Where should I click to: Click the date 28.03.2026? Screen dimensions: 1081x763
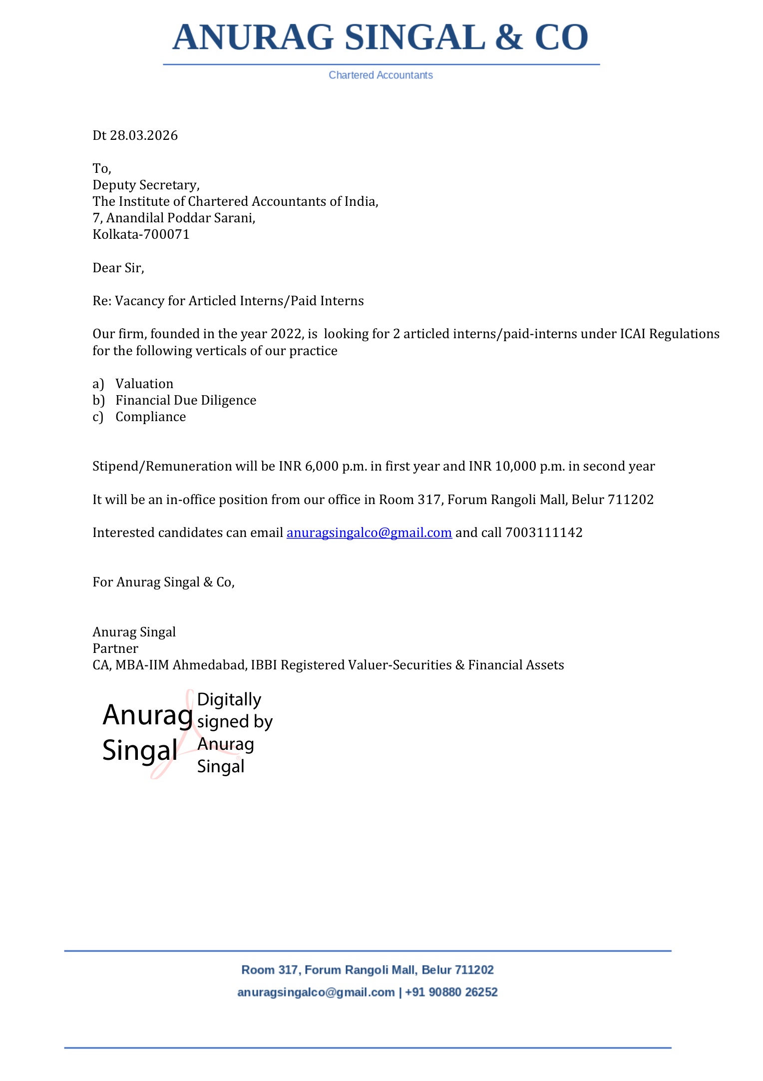tap(144, 135)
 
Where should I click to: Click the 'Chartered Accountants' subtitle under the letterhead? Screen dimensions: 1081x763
tap(381, 75)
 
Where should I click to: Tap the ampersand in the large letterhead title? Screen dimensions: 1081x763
tap(509, 38)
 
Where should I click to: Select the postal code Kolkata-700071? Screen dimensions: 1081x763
tap(141, 234)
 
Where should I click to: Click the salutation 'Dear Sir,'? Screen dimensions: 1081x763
tap(118, 268)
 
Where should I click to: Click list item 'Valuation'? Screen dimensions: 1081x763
tap(144, 384)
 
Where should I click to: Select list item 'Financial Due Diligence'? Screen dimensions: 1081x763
tap(186, 400)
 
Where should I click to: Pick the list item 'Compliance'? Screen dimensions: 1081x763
tap(150, 417)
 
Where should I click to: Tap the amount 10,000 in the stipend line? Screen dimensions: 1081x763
tap(516, 466)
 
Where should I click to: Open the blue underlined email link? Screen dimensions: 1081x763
tap(369, 533)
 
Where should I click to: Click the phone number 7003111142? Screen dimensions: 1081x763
tap(544, 533)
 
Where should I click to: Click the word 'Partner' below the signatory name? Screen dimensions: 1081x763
tap(115, 648)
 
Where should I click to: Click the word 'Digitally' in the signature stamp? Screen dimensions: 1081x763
tap(229, 699)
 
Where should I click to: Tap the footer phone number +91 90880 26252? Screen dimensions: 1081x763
tap(451, 992)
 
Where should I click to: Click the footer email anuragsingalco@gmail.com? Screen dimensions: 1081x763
tap(316, 992)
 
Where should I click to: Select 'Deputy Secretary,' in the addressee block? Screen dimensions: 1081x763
tap(146, 185)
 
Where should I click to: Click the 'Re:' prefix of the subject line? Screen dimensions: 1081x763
tap(102, 301)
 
